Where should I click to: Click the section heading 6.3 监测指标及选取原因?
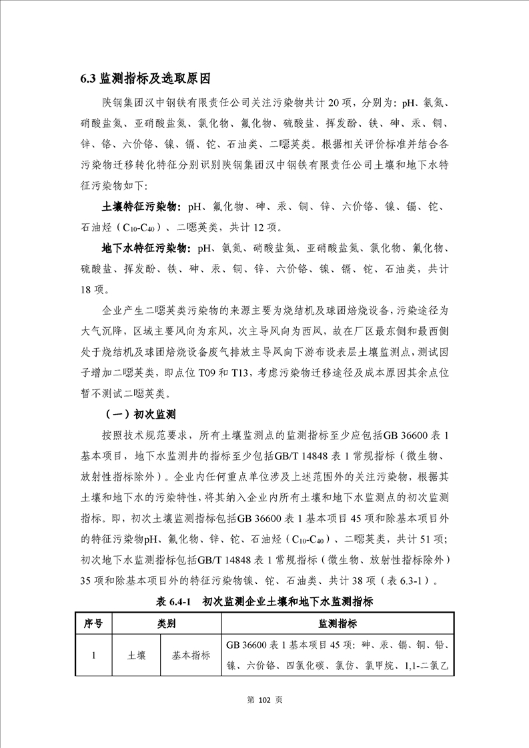[x=145, y=79]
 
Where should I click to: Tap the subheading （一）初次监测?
[x=139, y=414]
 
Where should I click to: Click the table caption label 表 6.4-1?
[x=173, y=601]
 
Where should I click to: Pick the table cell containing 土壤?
[x=137, y=655]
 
